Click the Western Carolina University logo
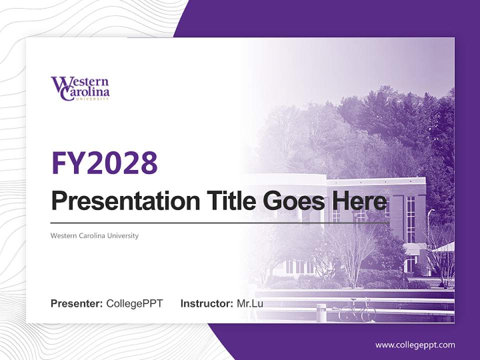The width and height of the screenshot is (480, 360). [80, 88]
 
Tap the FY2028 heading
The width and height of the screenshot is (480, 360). [104, 163]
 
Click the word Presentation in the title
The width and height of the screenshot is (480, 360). [125, 201]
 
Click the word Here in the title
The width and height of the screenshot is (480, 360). [359, 201]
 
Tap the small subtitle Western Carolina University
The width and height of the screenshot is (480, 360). [94, 235]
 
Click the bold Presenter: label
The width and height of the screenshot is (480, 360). [76, 303]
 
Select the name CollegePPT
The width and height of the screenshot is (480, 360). [134, 303]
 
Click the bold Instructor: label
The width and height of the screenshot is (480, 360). [207, 303]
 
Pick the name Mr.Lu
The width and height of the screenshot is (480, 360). [250, 303]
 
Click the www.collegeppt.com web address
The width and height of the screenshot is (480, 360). [415, 345]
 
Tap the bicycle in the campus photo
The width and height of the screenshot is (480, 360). [357, 310]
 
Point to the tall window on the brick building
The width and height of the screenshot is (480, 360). [410, 219]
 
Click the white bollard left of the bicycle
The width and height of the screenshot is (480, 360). [321, 313]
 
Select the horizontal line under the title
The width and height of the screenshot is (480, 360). [220, 223]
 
